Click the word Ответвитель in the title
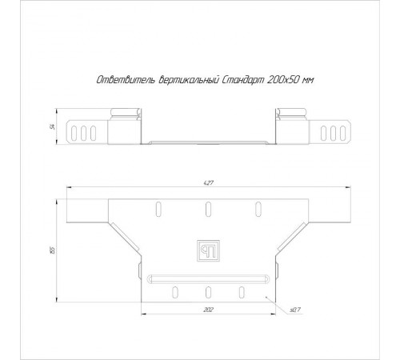click(126, 80)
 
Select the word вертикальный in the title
click(188, 80)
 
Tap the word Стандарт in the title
click(243, 80)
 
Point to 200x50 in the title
click(282, 80)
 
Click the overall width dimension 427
click(209, 183)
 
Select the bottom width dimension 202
click(208, 310)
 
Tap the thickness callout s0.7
click(295, 310)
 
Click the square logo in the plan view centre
click(208, 250)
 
